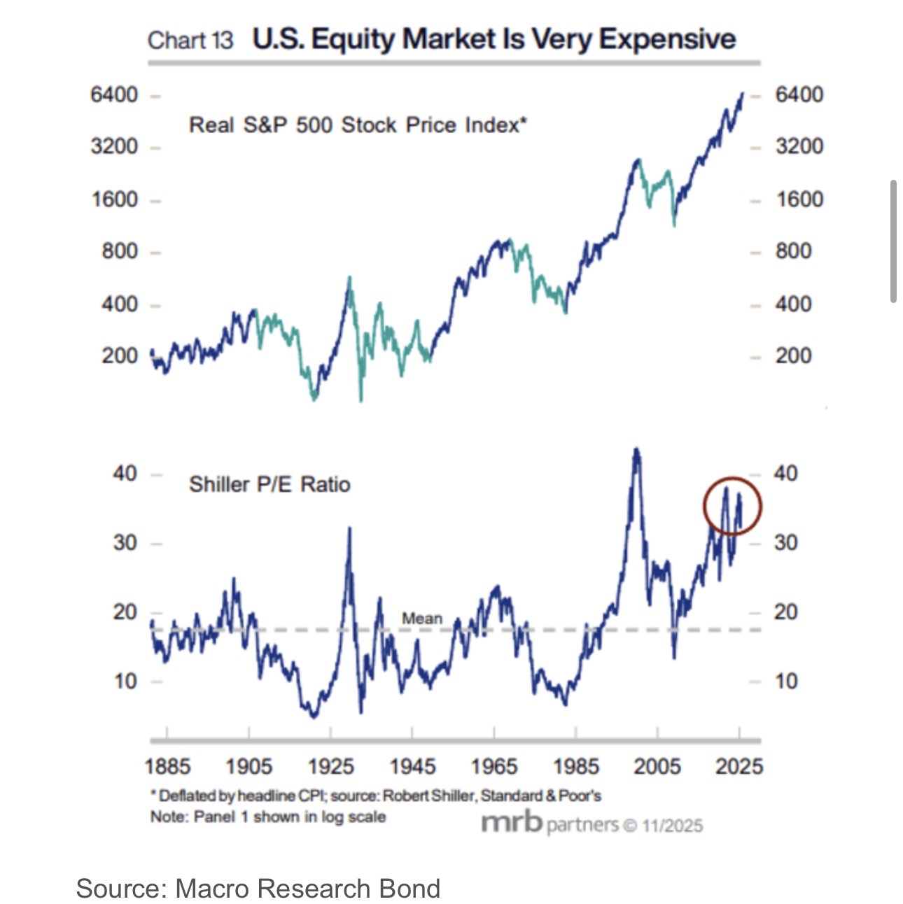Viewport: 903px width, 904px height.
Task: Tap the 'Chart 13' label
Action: click(x=190, y=41)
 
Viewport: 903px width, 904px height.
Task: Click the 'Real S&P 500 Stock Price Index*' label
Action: click(x=358, y=125)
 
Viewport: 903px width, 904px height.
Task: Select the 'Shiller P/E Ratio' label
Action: click(x=269, y=484)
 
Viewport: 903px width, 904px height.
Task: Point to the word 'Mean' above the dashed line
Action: click(x=422, y=619)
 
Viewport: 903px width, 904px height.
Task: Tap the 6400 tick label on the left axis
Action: click(x=114, y=94)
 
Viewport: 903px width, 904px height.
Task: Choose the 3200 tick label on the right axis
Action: click(x=799, y=146)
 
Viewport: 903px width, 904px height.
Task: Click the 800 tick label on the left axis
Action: click(x=120, y=251)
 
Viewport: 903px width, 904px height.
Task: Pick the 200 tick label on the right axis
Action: click(x=793, y=355)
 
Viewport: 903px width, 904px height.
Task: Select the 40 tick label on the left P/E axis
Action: click(x=125, y=474)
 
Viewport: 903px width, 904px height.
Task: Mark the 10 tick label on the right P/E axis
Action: click(x=785, y=681)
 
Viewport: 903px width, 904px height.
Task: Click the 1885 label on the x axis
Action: click(x=167, y=766)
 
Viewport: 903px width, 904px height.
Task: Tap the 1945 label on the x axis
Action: click(x=412, y=766)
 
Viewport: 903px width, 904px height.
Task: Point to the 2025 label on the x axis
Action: click(x=739, y=766)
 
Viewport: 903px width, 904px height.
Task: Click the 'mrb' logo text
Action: click(x=512, y=823)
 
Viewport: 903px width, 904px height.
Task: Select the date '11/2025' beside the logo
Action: click(x=672, y=826)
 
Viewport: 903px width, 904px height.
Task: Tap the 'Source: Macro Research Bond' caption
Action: click(x=258, y=889)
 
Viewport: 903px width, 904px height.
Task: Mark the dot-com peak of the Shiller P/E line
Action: click(x=636, y=449)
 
